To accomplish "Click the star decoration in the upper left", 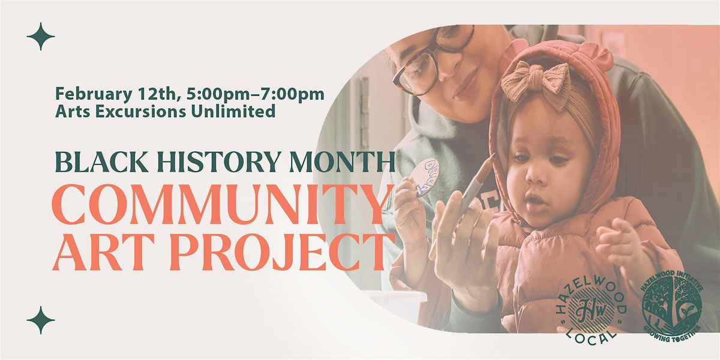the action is [41, 37].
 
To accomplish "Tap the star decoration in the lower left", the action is [41, 320].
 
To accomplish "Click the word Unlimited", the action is [233, 111].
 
